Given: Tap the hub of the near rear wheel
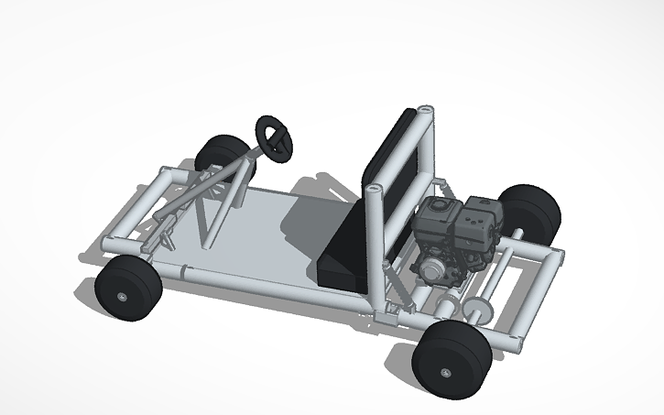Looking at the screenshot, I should (x=445, y=372).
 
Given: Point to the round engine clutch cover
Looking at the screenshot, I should (x=429, y=268).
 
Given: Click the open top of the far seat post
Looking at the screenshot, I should (x=424, y=111).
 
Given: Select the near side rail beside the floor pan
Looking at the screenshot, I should (x=275, y=286).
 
